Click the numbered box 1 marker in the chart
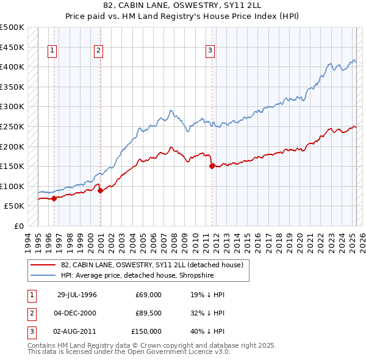(53, 51)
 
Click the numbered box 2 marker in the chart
(98, 51)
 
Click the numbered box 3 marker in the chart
(210, 51)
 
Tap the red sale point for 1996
(54, 198)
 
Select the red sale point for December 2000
(101, 190)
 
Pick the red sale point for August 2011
(212, 165)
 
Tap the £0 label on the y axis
(18, 226)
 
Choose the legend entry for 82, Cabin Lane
(152, 265)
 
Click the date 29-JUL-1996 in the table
(77, 295)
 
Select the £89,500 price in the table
(148, 313)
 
